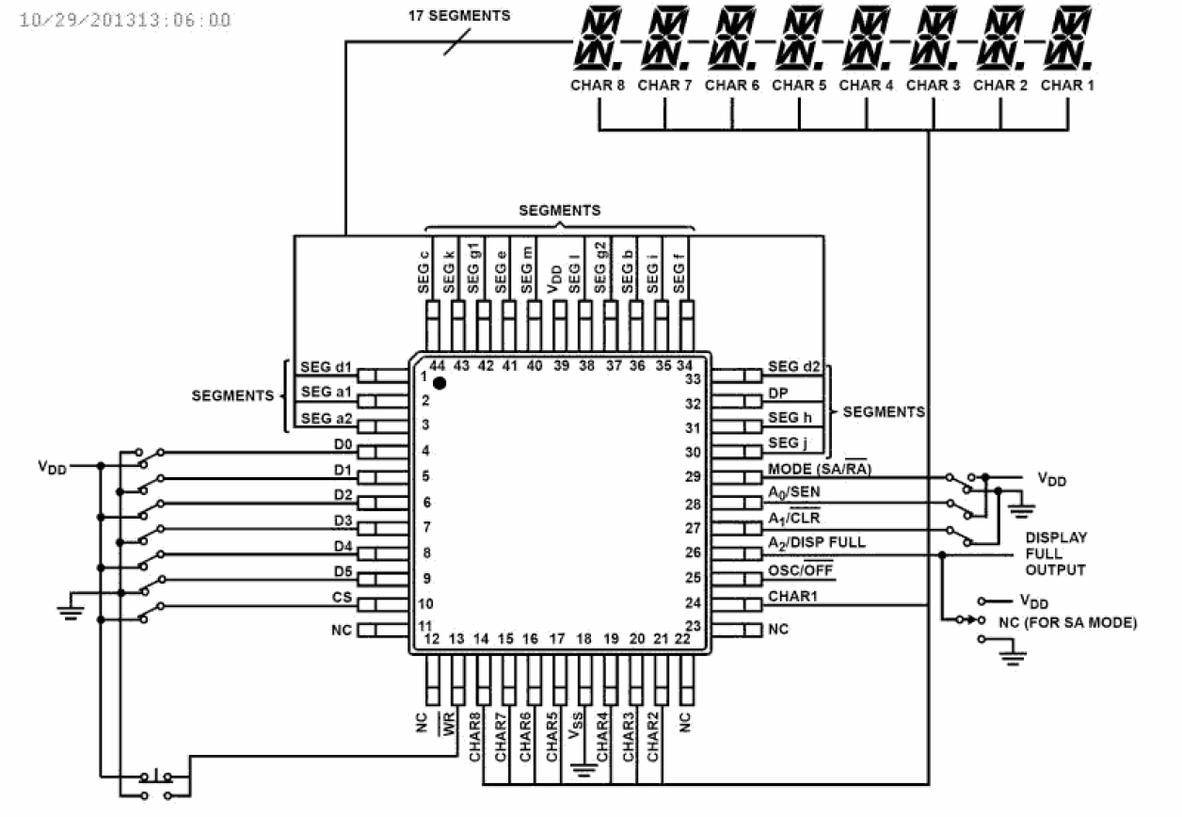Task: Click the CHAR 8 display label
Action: pyautogui.click(x=598, y=85)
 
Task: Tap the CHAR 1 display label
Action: pyautogui.click(x=1068, y=85)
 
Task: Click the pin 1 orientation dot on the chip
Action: pyautogui.click(x=439, y=383)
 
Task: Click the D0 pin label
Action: pyautogui.click(x=343, y=443)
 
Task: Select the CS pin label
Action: pyautogui.click(x=343, y=596)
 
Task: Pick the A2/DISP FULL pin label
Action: pyautogui.click(x=816, y=542)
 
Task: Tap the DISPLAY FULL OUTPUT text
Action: pyautogui.click(x=1056, y=553)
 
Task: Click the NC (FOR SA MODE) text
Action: pyautogui.click(x=1068, y=622)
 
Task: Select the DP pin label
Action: pyautogui.click(x=778, y=392)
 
